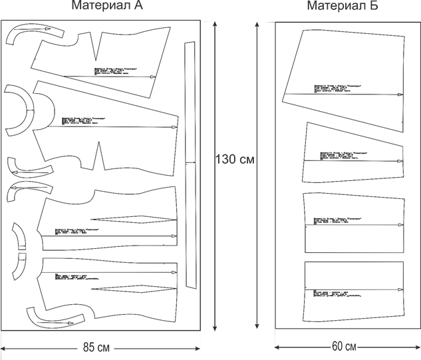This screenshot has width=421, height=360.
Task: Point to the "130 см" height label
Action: click(x=235, y=160)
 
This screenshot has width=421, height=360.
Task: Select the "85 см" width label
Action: click(x=97, y=347)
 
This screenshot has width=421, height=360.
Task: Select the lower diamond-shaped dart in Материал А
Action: click(x=133, y=289)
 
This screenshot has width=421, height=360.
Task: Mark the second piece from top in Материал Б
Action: click(x=352, y=153)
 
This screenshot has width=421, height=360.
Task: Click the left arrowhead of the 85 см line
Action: click(x=4, y=348)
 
